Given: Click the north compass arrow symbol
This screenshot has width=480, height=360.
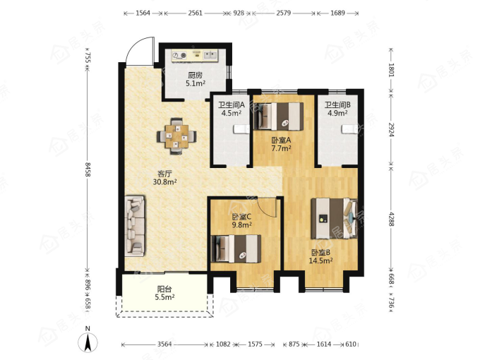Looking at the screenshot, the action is [88, 342].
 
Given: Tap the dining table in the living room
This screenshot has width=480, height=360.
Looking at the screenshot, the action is [176, 136].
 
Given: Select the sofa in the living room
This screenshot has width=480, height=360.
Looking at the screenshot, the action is [135, 227].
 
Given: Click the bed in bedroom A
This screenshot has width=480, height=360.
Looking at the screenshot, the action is [279, 116].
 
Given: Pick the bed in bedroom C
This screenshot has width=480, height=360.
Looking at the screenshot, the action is [236, 249].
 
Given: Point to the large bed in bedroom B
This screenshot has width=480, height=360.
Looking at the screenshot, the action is [335, 218].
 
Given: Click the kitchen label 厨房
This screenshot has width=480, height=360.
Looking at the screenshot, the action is [196, 75].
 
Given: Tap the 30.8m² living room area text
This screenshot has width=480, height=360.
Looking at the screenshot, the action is [165, 182].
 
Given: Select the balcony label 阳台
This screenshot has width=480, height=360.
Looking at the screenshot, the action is [164, 289].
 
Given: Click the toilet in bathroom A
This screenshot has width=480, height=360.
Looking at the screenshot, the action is [242, 129].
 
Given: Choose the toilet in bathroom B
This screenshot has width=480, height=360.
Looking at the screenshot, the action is [349, 129].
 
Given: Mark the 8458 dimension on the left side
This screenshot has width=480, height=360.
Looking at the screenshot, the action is [88, 169].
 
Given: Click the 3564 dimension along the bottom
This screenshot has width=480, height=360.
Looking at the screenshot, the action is [164, 344].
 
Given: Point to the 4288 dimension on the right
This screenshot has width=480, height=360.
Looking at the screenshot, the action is [391, 220].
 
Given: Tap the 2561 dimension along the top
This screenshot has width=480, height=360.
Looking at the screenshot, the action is [195, 13].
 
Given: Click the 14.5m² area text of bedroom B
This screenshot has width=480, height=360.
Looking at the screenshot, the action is [320, 260].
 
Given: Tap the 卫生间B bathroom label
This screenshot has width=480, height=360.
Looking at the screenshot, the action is [337, 105].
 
